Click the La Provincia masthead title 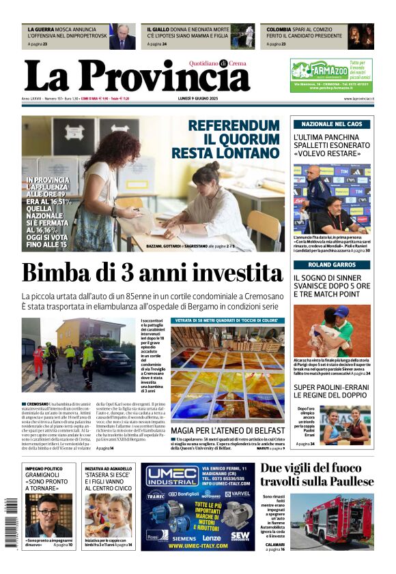pyautogui.click(x=137, y=76)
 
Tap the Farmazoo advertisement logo pyautogui.click(x=320, y=70)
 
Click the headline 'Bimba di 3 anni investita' pyautogui.click(x=152, y=273)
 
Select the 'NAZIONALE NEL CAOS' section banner pyautogui.click(x=332, y=125)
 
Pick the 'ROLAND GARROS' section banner pyautogui.click(x=332, y=265)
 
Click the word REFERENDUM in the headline pyautogui.click(x=234, y=125)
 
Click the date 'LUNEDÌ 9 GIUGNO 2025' pyautogui.click(x=197, y=99)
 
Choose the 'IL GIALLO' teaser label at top pyautogui.click(x=158, y=30)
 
